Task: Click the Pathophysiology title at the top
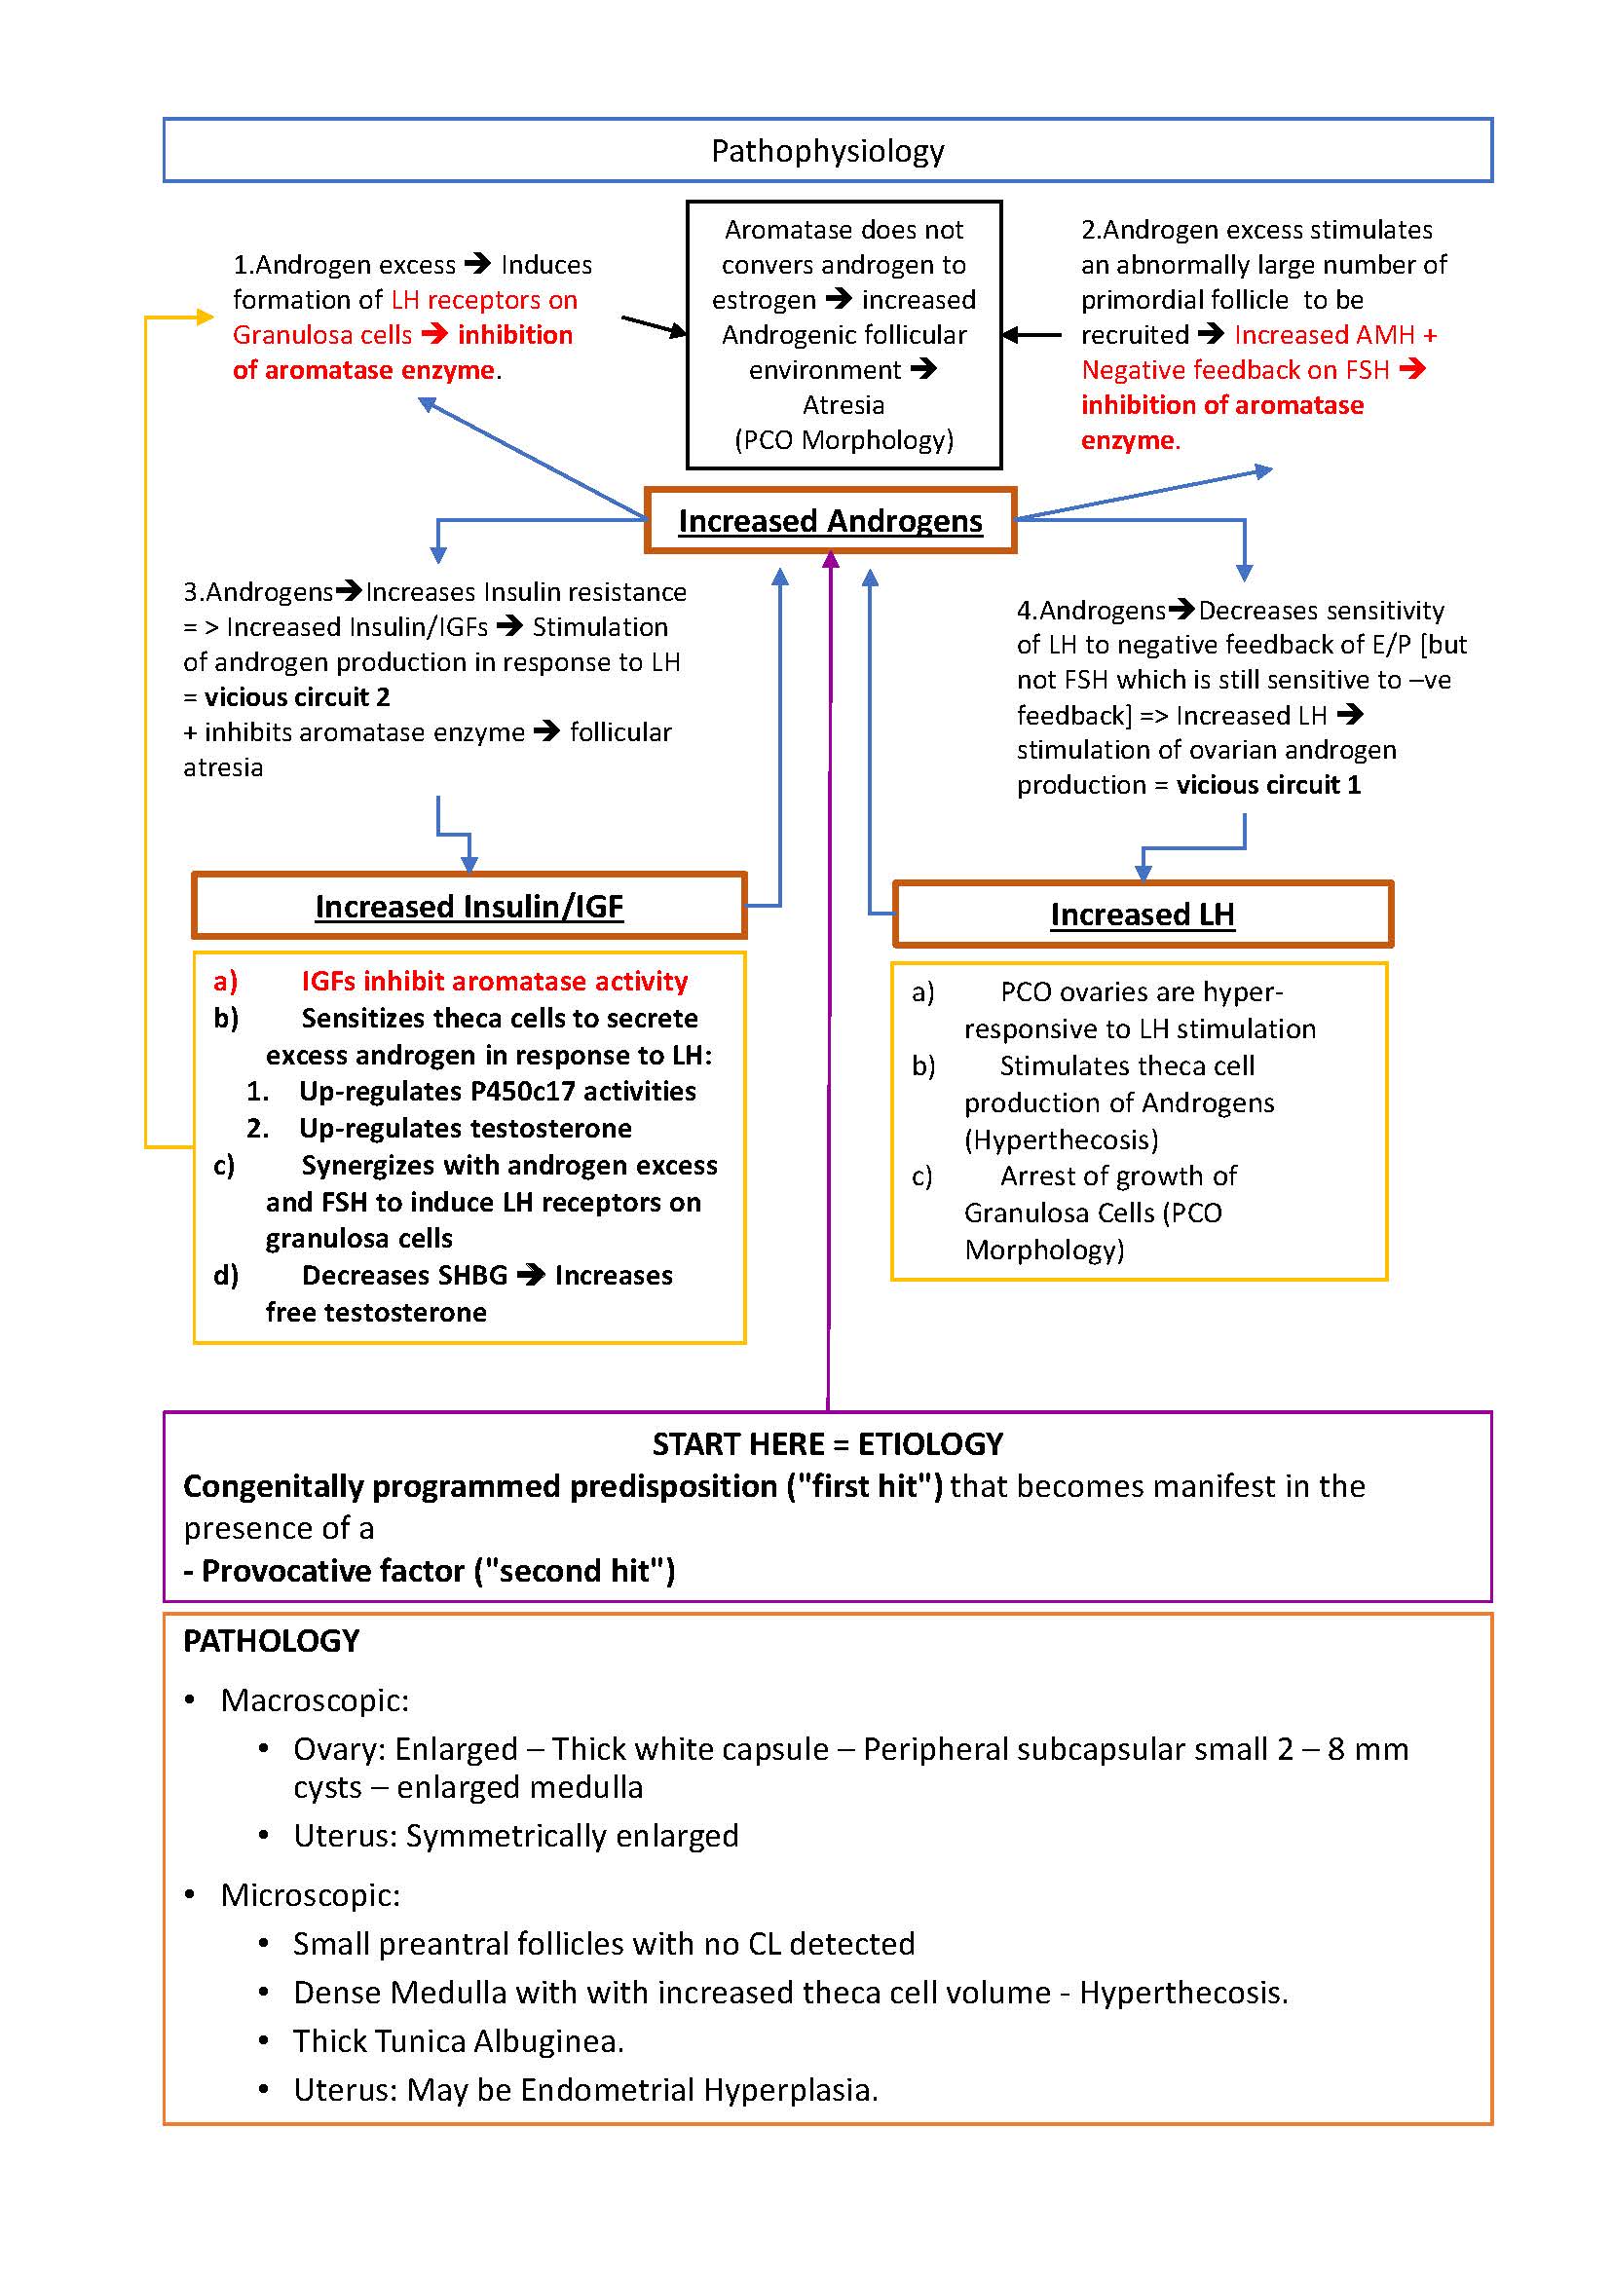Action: tap(827, 151)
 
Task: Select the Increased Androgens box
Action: tap(830, 520)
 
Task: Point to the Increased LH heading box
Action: tap(1142, 914)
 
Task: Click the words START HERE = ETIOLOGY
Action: tap(827, 1443)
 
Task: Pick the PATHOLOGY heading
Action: tap(271, 1641)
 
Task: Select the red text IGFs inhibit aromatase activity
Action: tap(495, 981)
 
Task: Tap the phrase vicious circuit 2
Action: tap(297, 696)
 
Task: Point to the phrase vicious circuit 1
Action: tap(1267, 784)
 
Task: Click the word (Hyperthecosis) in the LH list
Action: tap(1061, 1138)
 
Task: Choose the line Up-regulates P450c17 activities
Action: tap(498, 1091)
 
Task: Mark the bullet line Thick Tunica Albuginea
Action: tap(458, 2040)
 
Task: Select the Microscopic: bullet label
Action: tap(310, 1895)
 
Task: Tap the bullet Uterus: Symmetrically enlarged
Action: tap(515, 1835)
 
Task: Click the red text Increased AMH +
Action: tap(1335, 334)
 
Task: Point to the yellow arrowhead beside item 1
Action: tap(206, 317)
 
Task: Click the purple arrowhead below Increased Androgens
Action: tap(831, 561)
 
